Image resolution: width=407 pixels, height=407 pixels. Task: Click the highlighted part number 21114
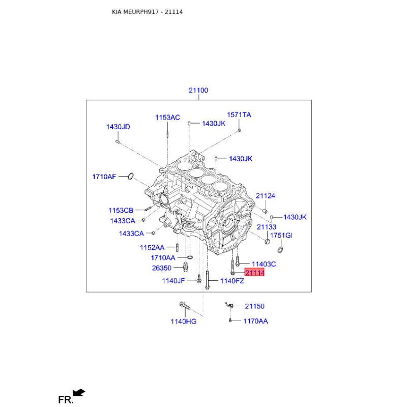click(x=254, y=273)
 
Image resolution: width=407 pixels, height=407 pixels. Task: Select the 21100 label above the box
click(x=198, y=91)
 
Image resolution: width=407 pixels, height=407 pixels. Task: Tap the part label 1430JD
click(x=118, y=127)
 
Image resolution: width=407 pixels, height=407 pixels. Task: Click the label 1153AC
click(x=167, y=118)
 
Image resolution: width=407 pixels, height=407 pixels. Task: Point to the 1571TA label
click(x=239, y=115)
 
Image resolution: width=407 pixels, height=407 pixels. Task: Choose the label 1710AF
click(x=104, y=177)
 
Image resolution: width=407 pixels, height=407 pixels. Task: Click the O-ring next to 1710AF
click(x=131, y=176)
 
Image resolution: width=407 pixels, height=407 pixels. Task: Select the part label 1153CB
click(x=121, y=210)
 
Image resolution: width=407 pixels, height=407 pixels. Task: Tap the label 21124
click(x=265, y=196)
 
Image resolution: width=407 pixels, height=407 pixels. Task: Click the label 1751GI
click(x=281, y=236)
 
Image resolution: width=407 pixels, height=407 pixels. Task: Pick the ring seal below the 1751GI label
click(x=280, y=250)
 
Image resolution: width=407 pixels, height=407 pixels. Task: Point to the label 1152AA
click(x=152, y=248)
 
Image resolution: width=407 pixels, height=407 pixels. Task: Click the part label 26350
click(x=161, y=268)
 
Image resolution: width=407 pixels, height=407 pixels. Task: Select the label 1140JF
click(x=173, y=281)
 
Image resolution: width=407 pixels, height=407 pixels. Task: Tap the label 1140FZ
click(x=232, y=281)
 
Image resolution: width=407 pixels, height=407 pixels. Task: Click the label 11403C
click(x=264, y=264)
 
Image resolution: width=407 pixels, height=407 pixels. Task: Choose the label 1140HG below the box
click(x=184, y=322)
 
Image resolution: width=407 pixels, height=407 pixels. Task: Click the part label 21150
click(x=255, y=306)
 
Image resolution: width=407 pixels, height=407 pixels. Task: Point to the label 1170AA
click(x=255, y=322)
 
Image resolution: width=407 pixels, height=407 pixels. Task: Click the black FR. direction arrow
click(x=79, y=392)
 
